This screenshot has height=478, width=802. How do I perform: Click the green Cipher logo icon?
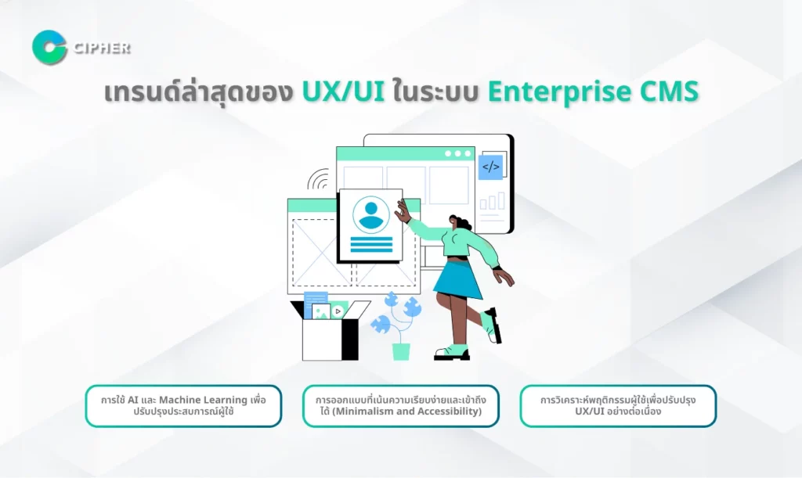pyautogui.click(x=49, y=48)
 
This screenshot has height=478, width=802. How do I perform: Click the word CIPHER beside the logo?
pyautogui.click(x=102, y=49)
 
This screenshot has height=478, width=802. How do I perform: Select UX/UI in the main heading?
pyautogui.click(x=343, y=92)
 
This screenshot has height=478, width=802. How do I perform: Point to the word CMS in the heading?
pyautogui.click(x=670, y=92)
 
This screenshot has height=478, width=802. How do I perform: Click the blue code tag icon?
pyautogui.click(x=490, y=167)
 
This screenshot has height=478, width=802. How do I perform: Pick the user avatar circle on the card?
pyautogui.click(x=370, y=215)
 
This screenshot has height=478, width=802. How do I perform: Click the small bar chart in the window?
pyautogui.click(x=492, y=201)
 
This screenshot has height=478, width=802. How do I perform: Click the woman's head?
pyautogui.click(x=460, y=223)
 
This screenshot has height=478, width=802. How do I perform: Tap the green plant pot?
pyautogui.click(x=401, y=351)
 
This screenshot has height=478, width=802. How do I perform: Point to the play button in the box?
pyautogui.click(x=338, y=311)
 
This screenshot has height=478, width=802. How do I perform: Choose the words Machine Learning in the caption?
pyautogui.click(x=203, y=400)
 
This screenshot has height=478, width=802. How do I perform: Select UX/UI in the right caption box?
pyautogui.click(x=590, y=411)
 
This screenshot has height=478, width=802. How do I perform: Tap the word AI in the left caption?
pyautogui.click(x=133, y=400)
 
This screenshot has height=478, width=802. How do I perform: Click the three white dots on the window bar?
pyautogui.click(x=457, y=153)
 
